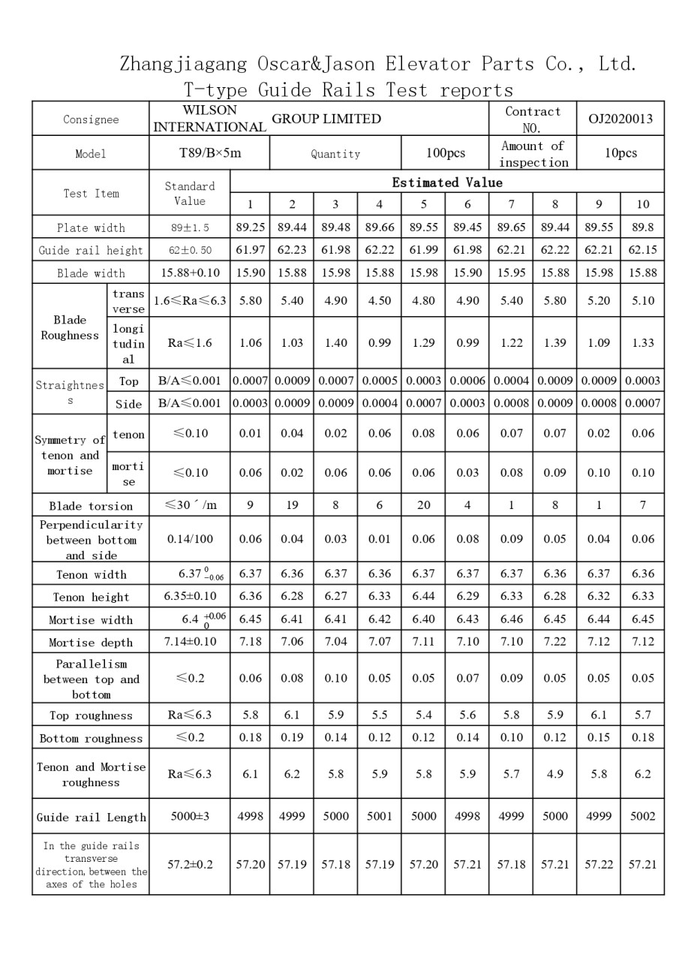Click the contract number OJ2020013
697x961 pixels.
click(x=620, y=119)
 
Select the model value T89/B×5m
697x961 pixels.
click(x=210, y=153)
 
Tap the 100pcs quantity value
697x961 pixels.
click(x=446, y=153)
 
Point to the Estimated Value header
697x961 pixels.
click(x=447, y=182)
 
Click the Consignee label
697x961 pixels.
click(x=91, y=119)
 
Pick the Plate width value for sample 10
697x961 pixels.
click(x=643, y=227)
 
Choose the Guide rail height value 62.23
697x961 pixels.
click(x=292, y=250)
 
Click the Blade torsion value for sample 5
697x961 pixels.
click(x=423, y=505)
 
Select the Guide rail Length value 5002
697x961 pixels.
click(x=643, y=816)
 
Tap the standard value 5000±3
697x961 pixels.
click(x=190, y=816)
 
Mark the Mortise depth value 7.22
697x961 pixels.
click(x=555, y=641)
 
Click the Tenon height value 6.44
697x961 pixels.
click(x=423, y=596)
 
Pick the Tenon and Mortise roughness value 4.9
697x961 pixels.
click(x=555, y=773)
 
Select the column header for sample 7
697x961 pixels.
click(x=511, y=204)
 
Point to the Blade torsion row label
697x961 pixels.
click(x=91, y=506)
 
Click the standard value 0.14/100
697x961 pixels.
click(x=190, y=539)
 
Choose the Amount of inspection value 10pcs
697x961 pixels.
click(x=620, y=153)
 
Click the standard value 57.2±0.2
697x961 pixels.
click(x=190, y=864)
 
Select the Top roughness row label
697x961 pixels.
click(x=91, y=715)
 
